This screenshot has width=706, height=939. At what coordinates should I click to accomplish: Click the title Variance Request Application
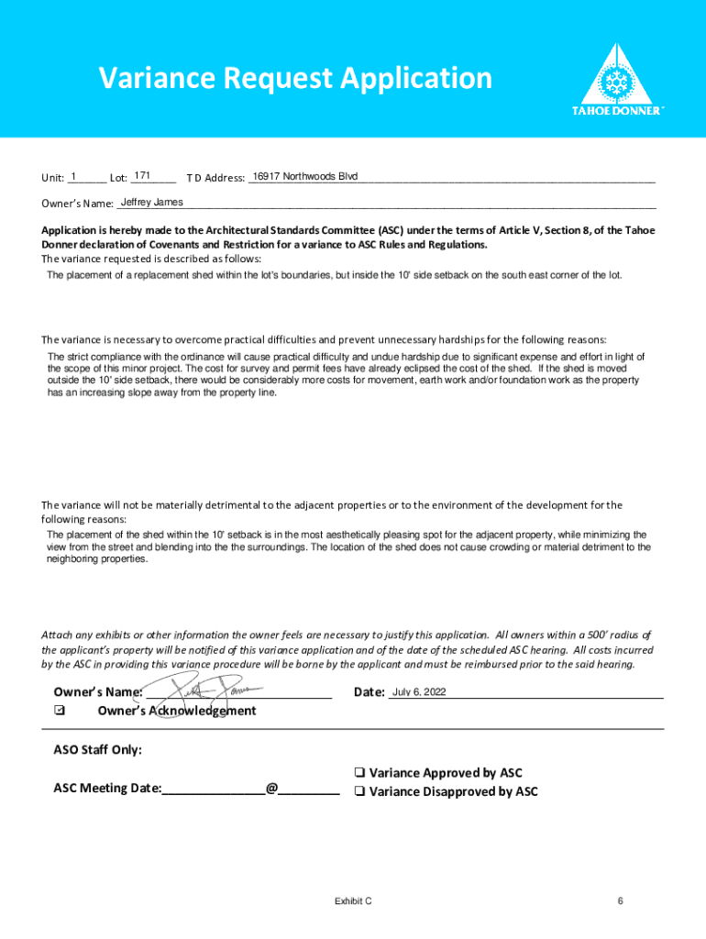tap(296, 79)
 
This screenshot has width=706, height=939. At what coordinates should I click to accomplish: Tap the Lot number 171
tap(142, 175)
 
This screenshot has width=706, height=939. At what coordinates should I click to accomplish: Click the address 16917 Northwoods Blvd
tap(305, 176)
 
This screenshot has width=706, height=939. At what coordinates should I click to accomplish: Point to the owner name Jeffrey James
tap(152, 202)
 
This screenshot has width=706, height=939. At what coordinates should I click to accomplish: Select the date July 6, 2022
tap(419, 692)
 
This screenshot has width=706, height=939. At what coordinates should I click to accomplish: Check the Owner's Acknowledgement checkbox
tap(60, 711)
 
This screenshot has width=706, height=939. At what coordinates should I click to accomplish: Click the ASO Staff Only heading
tap(98, 750)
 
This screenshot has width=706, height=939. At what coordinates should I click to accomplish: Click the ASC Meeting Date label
tap(107, 788)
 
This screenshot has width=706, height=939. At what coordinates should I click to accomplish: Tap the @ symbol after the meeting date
tap(271, 788)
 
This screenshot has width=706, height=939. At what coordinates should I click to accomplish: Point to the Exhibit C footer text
tap(353, 901)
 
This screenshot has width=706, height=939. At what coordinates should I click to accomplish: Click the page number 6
tap(621, 901)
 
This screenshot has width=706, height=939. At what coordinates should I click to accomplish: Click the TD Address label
tap(215, 178)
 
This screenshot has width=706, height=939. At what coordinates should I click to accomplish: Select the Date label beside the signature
tap(369, 692)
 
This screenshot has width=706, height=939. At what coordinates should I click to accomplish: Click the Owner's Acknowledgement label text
tap(177, 711)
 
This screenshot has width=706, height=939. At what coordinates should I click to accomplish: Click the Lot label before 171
tap(118, 178)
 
